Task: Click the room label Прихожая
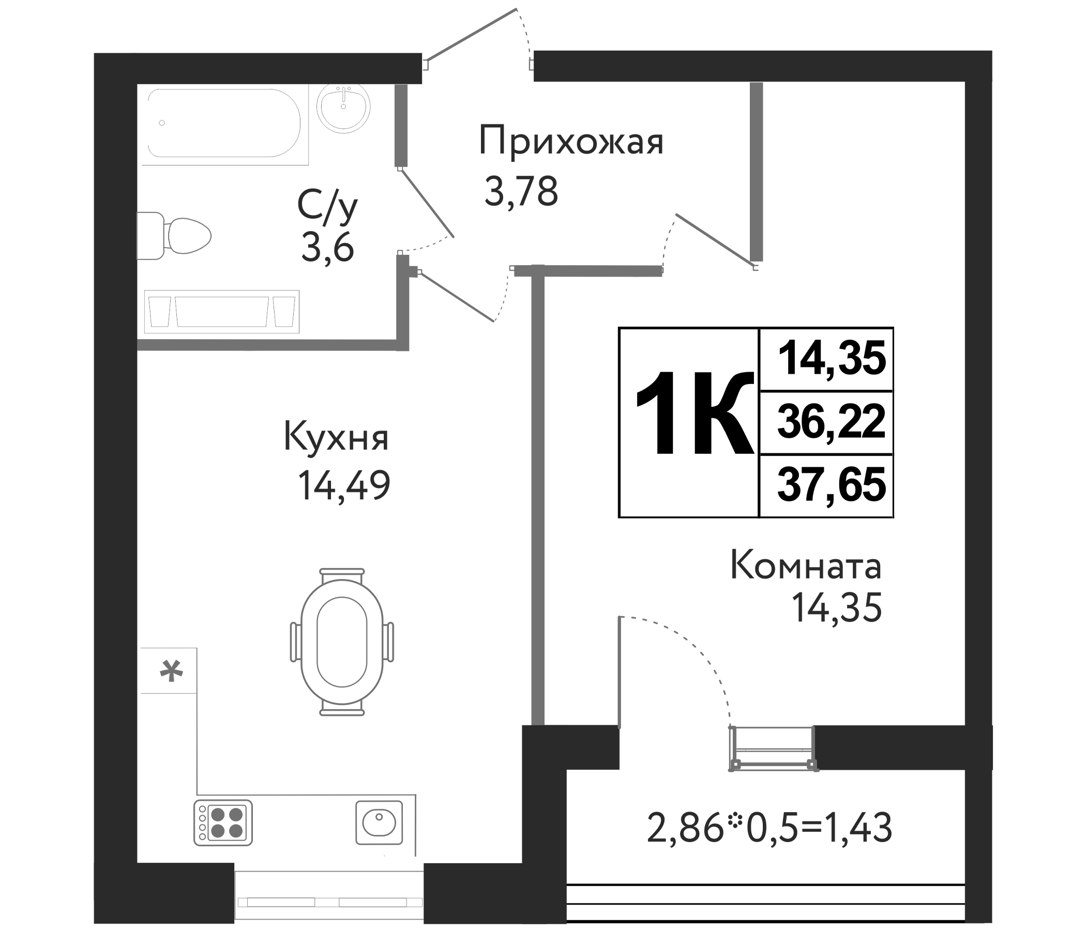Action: tap(571, 142)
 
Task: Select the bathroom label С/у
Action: tap(327, 206)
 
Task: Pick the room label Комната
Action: tap(805, 567)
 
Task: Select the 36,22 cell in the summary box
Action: tap(831, 422)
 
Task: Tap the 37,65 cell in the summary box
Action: tap(831, 486)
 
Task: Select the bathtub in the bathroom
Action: tap(224, 124)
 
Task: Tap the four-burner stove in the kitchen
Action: tap(223, 822)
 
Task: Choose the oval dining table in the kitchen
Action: tap(341, 642)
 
